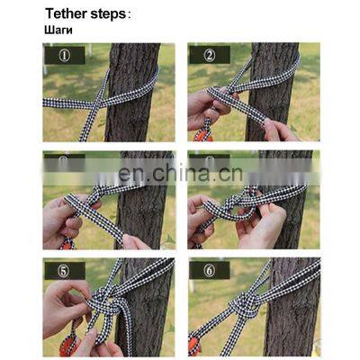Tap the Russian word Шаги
pyautogui.click(x=57, y=30)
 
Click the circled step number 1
pyautogui.click(x=65, y=55)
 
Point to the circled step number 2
pyautogui.click(x=210, y=55)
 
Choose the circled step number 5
pyautogui.click(x=65, y=270)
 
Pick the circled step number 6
pyautogui.click(x=210, y=270)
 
